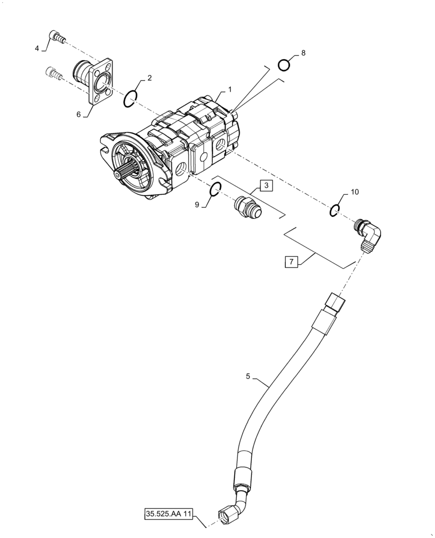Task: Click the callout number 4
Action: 37,48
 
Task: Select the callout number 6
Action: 79,115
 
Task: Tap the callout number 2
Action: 149,78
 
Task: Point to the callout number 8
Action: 303,53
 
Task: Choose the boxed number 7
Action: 291,262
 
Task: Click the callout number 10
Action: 354,192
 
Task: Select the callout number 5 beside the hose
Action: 248,377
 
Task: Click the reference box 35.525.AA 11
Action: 167,513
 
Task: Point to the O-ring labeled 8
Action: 284,66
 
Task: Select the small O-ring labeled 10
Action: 334,211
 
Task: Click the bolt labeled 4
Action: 56,37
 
